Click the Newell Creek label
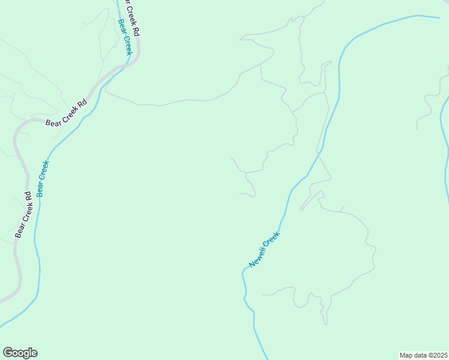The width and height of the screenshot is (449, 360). pyautogui.click(x=265, y=249)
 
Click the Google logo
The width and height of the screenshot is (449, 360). pyautogui.click(x=20, y=353)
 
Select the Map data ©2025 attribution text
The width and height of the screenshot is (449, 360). pyautogui.click(x=424, y=355)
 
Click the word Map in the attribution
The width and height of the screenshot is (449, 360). pyautogui.click(x=406, y=355)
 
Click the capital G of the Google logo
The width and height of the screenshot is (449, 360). pyautogui.click(x=8, y=353)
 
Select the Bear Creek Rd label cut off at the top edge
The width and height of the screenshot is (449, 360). pyautogui.click(x=131, y=17)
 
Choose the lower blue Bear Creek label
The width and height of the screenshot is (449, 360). pyautogui.click(x=43, y=178)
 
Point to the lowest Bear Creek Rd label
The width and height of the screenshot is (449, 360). pyautogui.click(x=23, y=214)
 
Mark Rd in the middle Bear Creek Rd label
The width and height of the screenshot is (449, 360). pyautogui.click(x=83, y=103)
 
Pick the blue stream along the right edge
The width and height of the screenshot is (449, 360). pyautogui.click(x=446, y=150)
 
